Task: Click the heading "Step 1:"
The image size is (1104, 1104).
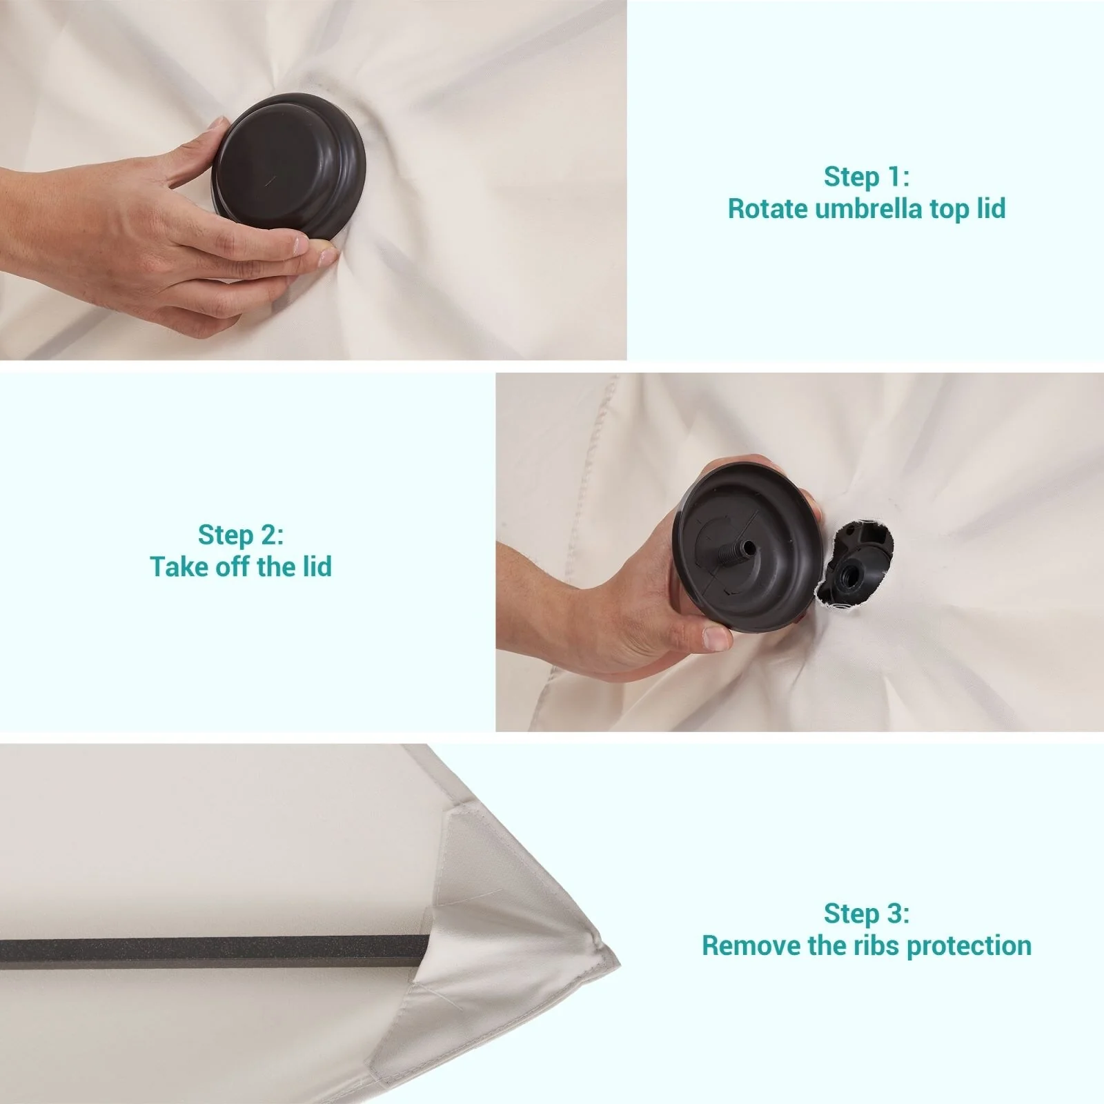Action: pos(867,177)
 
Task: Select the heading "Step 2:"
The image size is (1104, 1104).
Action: pos(241,535)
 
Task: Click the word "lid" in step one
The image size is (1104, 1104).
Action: pos(991,208)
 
